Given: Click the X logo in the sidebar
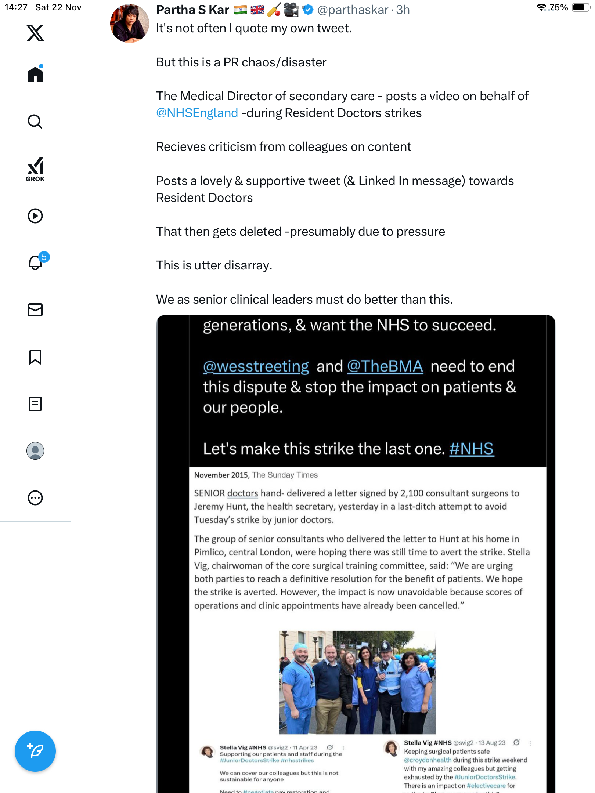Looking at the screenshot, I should coord(35,33).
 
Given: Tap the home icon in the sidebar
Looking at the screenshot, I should coord(35,75).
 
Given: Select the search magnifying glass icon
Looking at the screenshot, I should coord(35,122).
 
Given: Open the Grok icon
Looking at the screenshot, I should coord(35,169).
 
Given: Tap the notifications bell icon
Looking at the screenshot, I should coord(35,263).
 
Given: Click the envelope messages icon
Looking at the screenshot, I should coord(35,310).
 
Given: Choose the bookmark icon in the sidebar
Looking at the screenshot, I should coord(35,357).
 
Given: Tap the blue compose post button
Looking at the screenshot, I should coord(35,751).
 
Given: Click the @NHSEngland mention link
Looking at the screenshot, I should coord(197,113).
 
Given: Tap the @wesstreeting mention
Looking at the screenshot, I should coord(256,366).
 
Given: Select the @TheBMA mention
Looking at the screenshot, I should coord(385,366).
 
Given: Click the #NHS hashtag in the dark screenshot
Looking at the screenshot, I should coord(472,449).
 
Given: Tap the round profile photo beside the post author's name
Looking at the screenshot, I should coord(130,24).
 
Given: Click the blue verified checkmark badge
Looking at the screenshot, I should coord(308,10).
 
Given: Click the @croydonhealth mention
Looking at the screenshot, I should coord(428,760).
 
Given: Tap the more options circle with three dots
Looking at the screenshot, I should coord(35,498).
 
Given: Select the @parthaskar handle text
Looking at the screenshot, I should coord(353,10).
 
